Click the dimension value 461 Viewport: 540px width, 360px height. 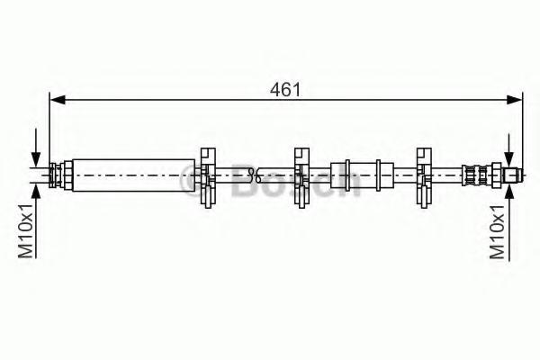tap(285, 90)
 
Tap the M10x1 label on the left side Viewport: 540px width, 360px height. tap(26, 230)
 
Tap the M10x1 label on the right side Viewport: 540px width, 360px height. tap(498, 230)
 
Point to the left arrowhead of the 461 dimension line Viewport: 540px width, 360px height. tap(58, 100)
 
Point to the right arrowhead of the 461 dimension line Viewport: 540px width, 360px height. tap(515, 100)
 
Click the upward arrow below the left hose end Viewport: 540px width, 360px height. tap(36, 220)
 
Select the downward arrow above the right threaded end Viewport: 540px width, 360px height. tap(508, 151)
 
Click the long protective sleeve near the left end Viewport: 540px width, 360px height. tap(133, 175)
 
